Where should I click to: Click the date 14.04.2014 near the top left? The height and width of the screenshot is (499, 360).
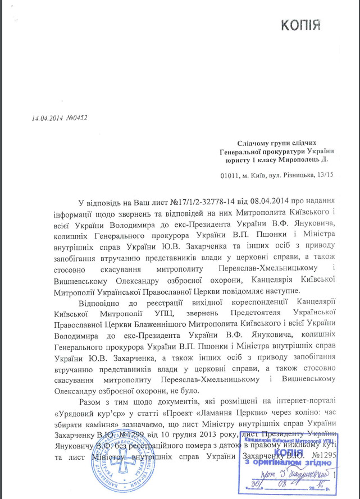(47, 118)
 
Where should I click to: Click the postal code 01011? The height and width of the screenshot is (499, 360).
(231, 176)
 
